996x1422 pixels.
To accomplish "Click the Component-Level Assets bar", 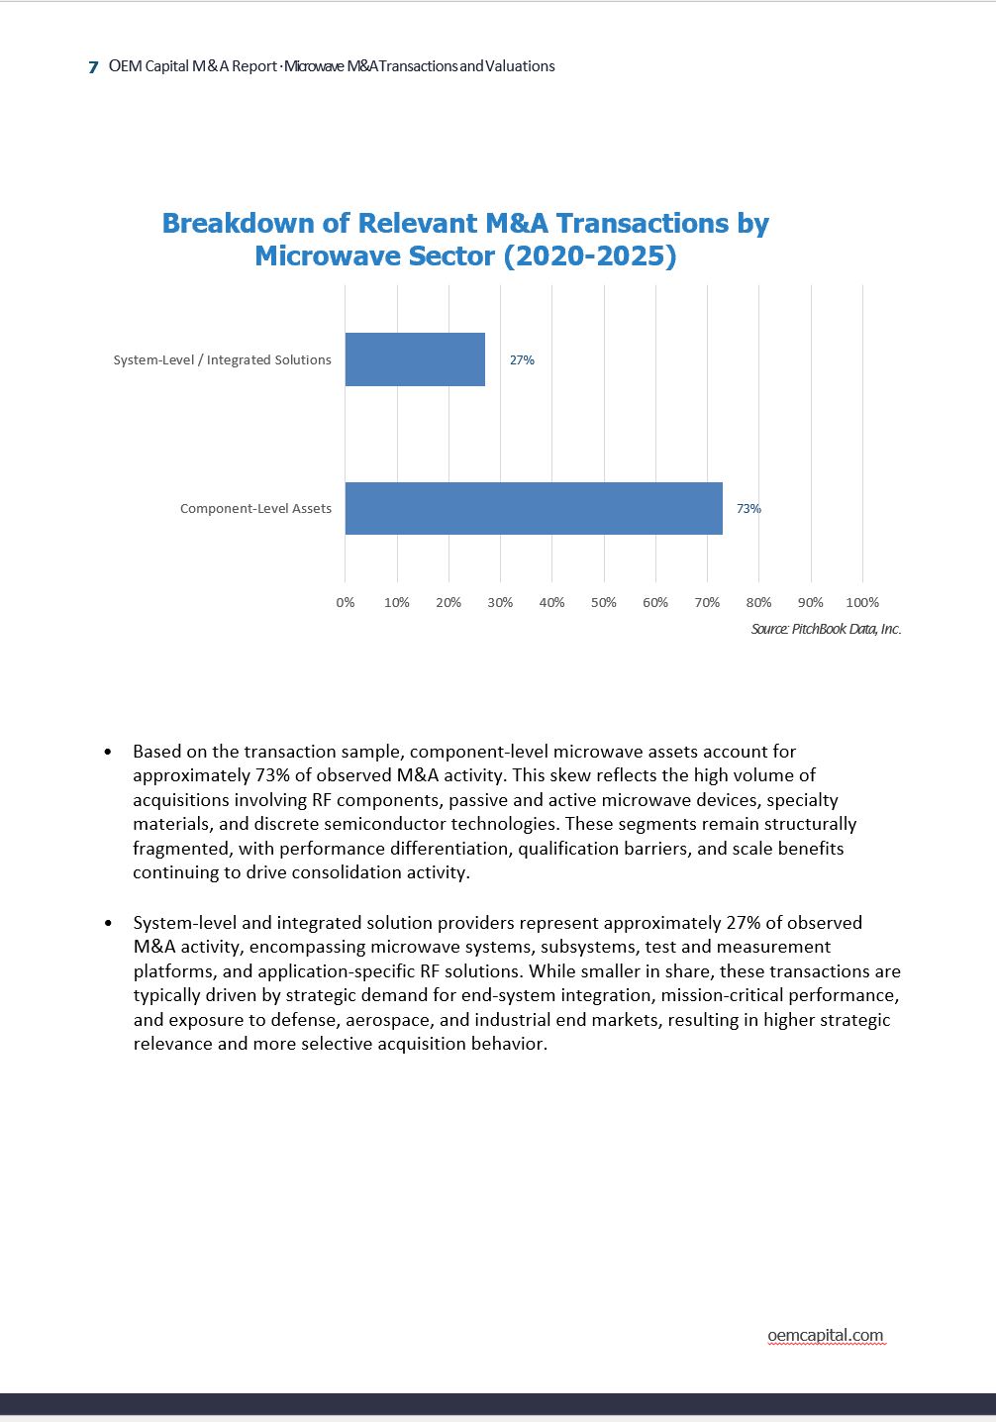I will (x=534, y=508).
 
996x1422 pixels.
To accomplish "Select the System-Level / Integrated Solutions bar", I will (x=415, y=359).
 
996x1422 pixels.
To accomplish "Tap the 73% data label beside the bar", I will (x=748, y=509).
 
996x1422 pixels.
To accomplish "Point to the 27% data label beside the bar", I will (x=522, y=360).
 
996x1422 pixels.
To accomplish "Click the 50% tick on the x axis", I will (x=603, y=602).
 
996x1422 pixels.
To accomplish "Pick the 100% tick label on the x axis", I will (x=862, y=602).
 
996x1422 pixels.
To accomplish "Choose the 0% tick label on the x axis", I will (x=346, y=602).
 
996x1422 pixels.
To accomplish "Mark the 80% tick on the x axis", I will (x=758, y=602).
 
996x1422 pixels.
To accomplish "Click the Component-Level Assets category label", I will (x=255, y=509).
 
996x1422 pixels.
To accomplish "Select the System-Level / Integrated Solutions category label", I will (x=222, y=360).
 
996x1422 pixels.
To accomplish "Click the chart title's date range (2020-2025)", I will (x=590, y=256).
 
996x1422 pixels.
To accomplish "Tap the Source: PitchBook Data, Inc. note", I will (x=826, y=629).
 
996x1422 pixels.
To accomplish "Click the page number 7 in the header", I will (x=93, y=67).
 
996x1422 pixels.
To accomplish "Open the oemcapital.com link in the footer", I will (x=825, y=1335).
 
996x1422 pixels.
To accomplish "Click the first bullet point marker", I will (x=108, y=753).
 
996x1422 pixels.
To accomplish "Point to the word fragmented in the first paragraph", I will (x=182, y=849).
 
